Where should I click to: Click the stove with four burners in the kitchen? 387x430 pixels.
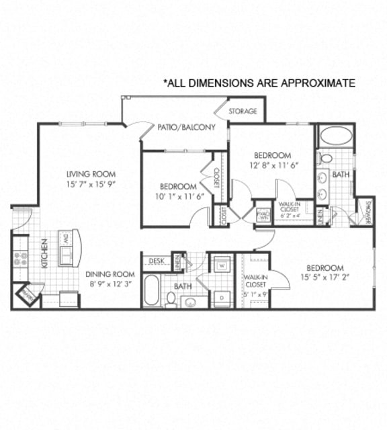click(x=20, y=259)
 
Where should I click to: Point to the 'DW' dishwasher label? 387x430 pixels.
click(x=66, y=239)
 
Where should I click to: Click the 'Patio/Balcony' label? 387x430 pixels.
click(x=186, y=127)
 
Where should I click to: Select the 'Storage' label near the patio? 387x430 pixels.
click(x=243, y=111)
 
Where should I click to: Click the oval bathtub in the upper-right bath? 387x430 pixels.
click(x=335, y=136)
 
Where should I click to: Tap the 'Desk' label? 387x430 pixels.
click(x=157, y=260)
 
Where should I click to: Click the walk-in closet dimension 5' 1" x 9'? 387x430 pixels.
click(x=255, y=292)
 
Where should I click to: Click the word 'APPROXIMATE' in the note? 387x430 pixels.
click(x=314, y=83)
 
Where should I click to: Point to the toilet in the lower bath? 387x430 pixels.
click(x=171, y=298)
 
